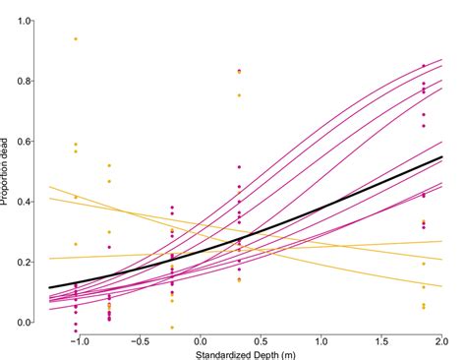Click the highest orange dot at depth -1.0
pos(76,38)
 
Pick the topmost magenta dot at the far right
pos(424,66)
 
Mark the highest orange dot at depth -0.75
pos(109,165)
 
